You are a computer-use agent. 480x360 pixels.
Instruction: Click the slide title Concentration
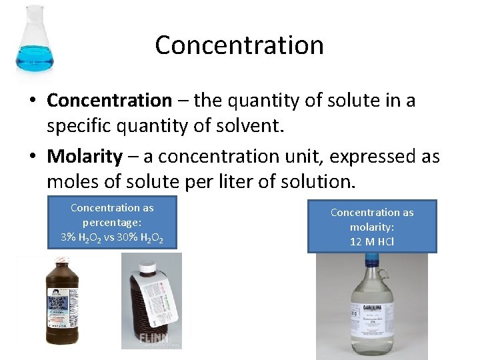coord(239,45)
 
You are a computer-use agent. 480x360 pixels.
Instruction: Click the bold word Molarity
coord(85,157)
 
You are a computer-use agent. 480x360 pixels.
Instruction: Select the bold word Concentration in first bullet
coord(109,101)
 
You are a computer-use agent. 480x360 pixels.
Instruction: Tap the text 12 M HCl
coord(372,241)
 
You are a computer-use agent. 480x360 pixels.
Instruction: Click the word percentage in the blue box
coord(112,223)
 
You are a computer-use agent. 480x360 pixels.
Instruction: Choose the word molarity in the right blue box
coord(372,227)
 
